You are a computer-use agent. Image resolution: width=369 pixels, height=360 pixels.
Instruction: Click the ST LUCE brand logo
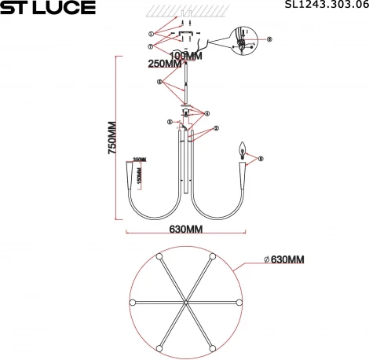[x=48, y=9]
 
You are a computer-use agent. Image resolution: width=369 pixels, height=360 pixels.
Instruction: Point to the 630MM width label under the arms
[x=186, y=230]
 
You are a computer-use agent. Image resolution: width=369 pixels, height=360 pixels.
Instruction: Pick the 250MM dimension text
[x=165, y=64]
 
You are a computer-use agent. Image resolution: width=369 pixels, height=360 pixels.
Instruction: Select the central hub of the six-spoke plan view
[x=186, y=303]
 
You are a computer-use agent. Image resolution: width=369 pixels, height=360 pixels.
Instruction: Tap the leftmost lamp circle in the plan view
[x=132, y=303]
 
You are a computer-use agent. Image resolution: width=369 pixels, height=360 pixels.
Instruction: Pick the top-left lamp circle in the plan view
[x=159, y=256]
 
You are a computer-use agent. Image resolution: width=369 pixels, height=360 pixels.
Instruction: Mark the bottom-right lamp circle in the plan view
[x=213, y=349]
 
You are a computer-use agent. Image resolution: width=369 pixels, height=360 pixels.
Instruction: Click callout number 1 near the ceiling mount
[x=151, y=34]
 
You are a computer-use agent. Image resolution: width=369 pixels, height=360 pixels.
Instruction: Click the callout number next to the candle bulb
[x=261, y=159]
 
